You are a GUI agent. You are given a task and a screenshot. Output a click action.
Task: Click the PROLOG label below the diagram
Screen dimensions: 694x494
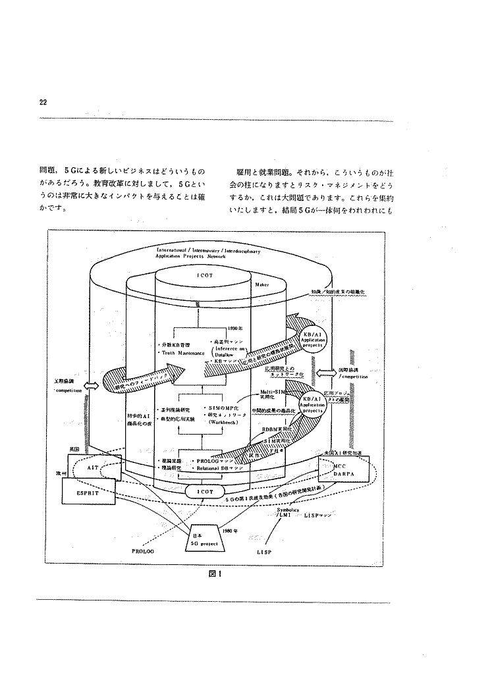point(142,552)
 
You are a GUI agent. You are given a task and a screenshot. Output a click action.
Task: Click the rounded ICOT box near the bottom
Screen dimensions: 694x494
point(204,491)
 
